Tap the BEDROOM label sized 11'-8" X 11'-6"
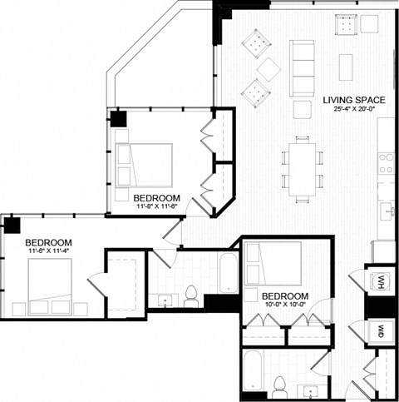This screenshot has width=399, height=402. click(154, 197)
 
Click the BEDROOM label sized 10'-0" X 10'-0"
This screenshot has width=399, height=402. click(285, 296)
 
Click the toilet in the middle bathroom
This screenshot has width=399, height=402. click(190, 294)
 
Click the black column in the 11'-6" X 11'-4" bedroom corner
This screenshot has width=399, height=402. click(11, 224)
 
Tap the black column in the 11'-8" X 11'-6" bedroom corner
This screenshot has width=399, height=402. click(119, 117)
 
